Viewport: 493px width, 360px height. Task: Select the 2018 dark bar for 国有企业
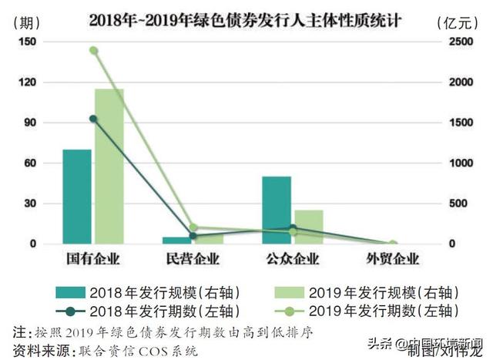(77, 197)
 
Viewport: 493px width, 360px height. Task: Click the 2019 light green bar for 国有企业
(109, 167)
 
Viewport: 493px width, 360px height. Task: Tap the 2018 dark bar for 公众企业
(277, 210)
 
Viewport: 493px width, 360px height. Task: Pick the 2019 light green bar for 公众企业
(308, 227)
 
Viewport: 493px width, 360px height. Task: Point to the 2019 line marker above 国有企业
(93, 51)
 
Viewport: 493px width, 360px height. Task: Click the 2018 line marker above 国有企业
(93, 119)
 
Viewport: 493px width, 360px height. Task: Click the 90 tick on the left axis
(30, 123)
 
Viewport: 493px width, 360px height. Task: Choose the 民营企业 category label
(193, 258)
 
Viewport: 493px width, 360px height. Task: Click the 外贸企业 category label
(393, 258)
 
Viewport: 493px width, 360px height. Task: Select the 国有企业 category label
(93, 258)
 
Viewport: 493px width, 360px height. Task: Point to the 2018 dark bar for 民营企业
(176, 240)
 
